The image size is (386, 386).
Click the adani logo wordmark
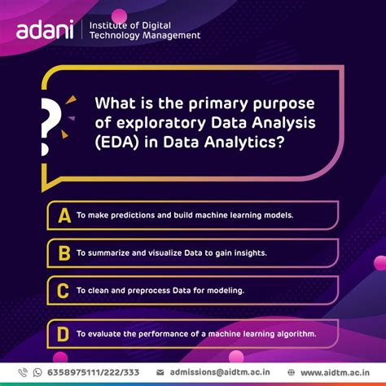point(45,31)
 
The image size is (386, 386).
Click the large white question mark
point(51,122)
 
